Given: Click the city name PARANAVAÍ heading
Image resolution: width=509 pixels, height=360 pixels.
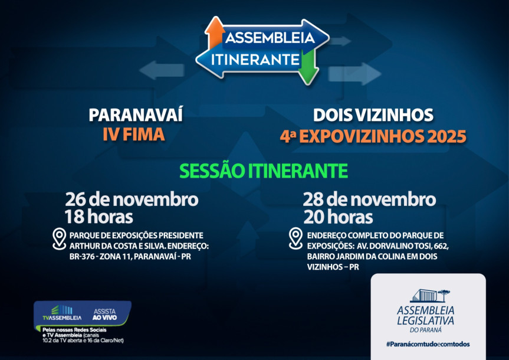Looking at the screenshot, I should [x=136, y=115].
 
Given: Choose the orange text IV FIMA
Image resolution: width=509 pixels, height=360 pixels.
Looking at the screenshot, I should [x=133, y=135].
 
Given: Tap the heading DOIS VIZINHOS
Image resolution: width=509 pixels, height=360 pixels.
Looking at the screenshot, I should [x=373, y=115].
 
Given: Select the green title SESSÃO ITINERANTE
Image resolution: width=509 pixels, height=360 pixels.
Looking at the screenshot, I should [x=263, y=171].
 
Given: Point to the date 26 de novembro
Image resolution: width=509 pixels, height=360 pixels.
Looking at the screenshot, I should [x=132, y=199].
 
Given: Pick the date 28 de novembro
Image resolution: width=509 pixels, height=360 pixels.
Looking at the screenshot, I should [x=370, y=199].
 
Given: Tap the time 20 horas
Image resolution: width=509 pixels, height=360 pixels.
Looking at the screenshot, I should [x=338, y=217].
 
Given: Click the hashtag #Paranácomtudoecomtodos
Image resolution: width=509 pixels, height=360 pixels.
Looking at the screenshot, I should [x=428, y=344].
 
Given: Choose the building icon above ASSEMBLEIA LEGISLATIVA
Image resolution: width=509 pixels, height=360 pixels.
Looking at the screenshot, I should [x=429, y=295].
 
